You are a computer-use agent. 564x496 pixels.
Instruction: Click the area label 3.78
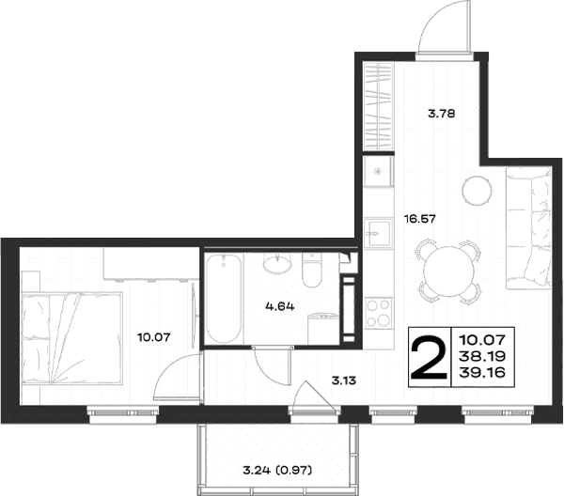(x=442, y=114)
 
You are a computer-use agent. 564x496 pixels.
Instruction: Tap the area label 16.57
(x=420, y=219)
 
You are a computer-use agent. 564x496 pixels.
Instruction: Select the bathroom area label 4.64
(x=280, y=306)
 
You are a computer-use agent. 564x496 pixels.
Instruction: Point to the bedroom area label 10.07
(x=154, y=337)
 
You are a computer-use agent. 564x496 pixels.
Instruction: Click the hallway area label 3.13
(x=344, y=380)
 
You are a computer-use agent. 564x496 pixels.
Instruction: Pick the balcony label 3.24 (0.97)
(x=277, y=470)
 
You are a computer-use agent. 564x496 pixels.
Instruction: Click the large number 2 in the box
(x=430, y=357)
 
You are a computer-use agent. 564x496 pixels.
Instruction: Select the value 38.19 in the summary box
(x=483, y=356)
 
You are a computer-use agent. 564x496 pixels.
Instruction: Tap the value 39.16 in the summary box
(x=483, y=373)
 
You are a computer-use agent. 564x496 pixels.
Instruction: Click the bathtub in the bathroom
(x=224, y=299)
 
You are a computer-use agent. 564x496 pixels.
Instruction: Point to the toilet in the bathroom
(x=311, y=270)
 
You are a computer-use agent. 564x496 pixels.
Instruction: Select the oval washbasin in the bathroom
(x=277, y=262)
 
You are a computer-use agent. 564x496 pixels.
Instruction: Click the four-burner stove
(x=378, y=313)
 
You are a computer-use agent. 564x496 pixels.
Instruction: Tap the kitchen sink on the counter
(x=377, y=233)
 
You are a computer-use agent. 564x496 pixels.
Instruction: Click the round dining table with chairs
(x=447, y=271)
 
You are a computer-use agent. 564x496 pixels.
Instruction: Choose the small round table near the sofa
(x=477, y=190)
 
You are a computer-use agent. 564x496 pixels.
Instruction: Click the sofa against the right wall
(x=528, y=227)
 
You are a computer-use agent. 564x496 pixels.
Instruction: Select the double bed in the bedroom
(x=72, y=338)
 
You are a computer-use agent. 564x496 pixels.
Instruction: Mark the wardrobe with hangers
(x=378, y=106)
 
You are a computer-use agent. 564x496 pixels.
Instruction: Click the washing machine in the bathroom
(x=323, y=328)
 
